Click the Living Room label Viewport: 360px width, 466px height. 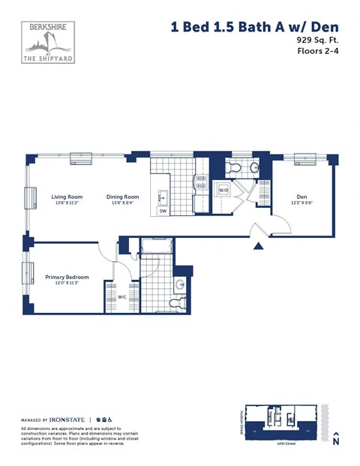66,197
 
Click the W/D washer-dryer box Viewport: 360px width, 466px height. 223,191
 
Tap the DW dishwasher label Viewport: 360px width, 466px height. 163,212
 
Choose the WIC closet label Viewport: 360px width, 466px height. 121,296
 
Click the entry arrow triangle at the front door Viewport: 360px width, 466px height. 259,245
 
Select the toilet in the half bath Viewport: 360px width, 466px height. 232,167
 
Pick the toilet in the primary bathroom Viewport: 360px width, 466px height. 176,303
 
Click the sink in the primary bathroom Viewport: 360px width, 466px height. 180,285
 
